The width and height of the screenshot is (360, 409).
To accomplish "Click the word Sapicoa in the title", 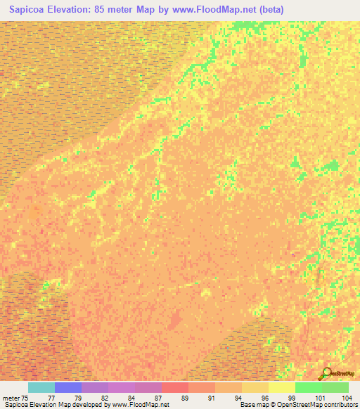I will coord(31,9).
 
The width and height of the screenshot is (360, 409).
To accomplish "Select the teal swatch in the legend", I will coord(41,387).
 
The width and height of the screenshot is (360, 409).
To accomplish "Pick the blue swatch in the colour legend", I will coord(68,387).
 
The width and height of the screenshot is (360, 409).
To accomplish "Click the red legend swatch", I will coord(175,387).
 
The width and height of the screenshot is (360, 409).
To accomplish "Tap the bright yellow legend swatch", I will coord(282,387).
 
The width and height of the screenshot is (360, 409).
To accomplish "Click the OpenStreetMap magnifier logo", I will coord(327,374).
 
